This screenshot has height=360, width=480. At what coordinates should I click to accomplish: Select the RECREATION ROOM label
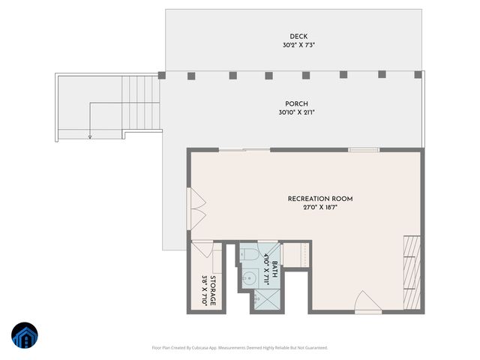pos(320,199)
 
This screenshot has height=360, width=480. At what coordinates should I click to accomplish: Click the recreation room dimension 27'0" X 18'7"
pos(320,208)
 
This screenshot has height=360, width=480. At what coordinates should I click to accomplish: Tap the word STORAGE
pos(212,290)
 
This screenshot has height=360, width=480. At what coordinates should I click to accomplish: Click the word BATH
pos(274,268)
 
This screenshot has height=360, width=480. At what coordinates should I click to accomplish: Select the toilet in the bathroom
pos(249,255)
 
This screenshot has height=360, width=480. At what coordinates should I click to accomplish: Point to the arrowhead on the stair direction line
pos(89,136)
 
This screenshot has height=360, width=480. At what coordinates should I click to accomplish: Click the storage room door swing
pos(202,249)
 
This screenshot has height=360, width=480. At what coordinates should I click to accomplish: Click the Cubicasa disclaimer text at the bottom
pos(240,347)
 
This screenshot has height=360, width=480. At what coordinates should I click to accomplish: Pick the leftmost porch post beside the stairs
pos(162,75)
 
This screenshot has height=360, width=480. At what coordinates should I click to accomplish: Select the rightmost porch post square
pos(418,75)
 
